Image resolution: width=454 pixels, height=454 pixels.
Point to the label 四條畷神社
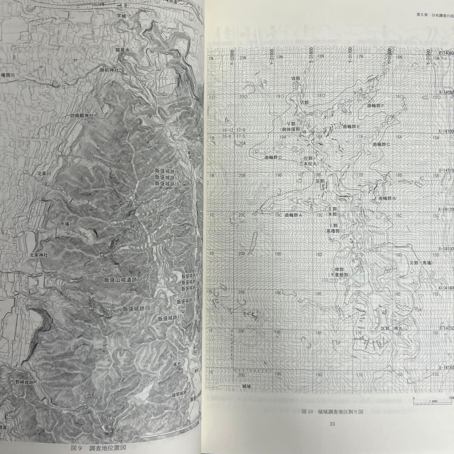pyautogui.click(x=82, y=115)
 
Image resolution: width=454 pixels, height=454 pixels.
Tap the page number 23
pyautogui.click(x=332, y=424)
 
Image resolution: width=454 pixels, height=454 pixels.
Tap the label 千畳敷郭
pyautogui.click(x=340, y=275)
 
